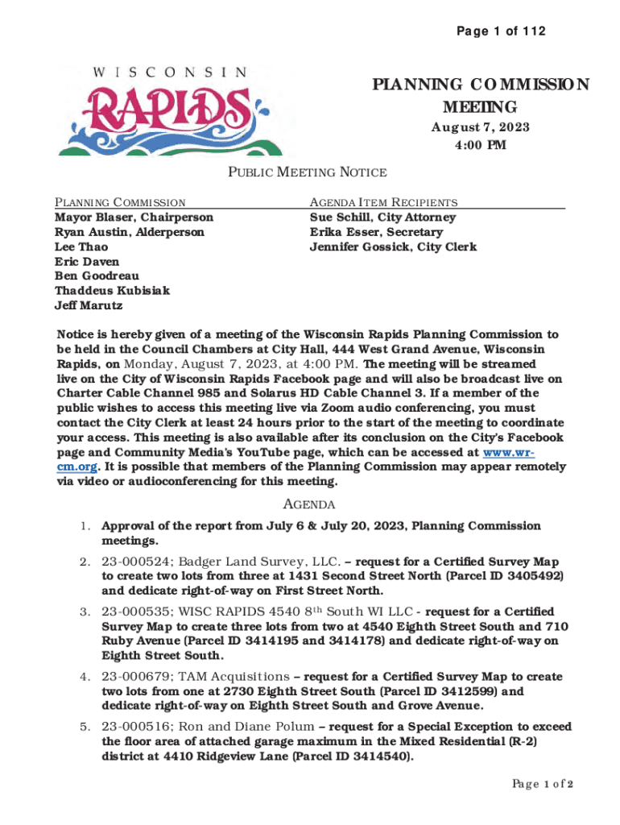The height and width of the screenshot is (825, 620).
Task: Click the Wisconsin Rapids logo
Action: click(153, 108)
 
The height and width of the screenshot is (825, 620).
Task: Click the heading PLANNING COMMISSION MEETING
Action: click(480, 96)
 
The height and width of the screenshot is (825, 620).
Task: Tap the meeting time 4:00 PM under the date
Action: click(480, 146)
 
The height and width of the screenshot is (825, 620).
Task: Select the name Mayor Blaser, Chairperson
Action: click(134, 218)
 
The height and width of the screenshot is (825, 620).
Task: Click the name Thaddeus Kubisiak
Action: click(112, 291)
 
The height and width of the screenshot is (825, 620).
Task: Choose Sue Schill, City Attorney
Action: click(382, 218)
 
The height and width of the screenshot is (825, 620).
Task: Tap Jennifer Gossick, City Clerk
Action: click(393, 247)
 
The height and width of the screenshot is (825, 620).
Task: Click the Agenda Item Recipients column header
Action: click(383, 203)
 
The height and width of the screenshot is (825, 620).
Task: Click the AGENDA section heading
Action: click(309, 505)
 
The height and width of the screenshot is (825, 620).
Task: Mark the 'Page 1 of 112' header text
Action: click(500, 31)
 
